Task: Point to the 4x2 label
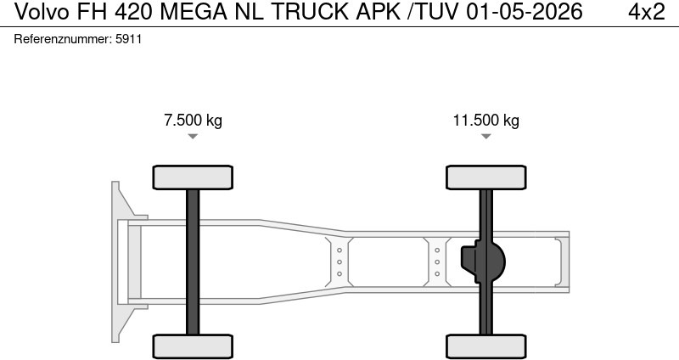(x=647, y=12)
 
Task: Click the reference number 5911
(x=127, y=39)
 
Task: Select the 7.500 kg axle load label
(x=193, y=120)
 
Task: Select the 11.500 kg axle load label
(x=485, y=120)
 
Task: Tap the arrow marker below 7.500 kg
(x=193, y=136)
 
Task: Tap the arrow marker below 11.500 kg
(x=485, y=136)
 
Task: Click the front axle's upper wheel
(x=193, y=177)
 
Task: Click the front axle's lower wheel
(x=193, y=346)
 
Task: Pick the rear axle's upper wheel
(x=485, y=177)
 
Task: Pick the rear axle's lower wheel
(x=485, y=346)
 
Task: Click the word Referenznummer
(x=62, y=39)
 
